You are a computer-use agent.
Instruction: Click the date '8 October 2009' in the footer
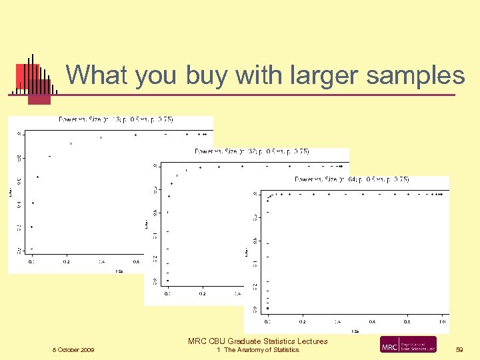(x=73, y=350)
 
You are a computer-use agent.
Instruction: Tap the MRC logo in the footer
(x=408, y=345)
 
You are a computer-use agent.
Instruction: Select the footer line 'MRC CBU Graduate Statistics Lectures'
(x=257, y=341)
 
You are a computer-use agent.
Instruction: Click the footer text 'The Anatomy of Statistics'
(x=261, y=350)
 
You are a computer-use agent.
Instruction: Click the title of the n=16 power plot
(x=116, y=119)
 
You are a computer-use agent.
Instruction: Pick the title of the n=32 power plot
(x=251, y=151)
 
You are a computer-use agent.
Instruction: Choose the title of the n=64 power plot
(x=351, y=179)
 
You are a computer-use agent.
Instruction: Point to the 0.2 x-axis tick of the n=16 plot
(x=66, y=262)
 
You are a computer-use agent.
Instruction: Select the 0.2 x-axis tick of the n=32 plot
(x=201, y=293)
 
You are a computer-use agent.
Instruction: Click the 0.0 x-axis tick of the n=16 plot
(x=31, y=262)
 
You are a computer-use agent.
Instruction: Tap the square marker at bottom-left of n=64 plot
(x=267, y=308)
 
